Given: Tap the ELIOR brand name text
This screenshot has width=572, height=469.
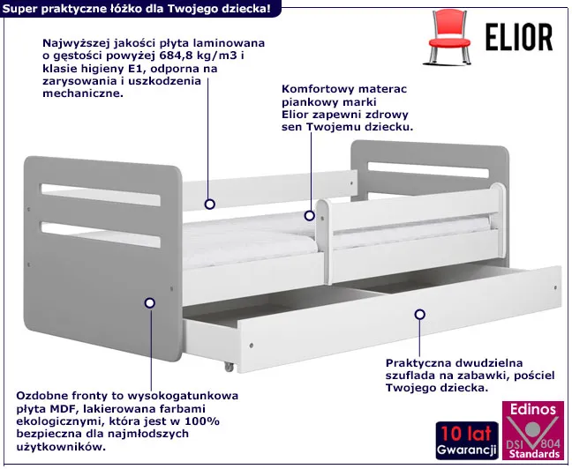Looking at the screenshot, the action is pyautogui.click(x=519, y=37).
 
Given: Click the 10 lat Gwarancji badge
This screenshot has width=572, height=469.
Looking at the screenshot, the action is pyautogui.click(x=467, y=440).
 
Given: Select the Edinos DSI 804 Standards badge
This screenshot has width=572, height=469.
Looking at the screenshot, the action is pyautogui.click(x=534, y=430).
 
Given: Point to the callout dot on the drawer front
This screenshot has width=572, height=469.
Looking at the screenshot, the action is pyautogui.click(x=420, y=314).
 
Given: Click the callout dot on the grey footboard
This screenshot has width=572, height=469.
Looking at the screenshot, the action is pyautogui.click(x=149, y=303).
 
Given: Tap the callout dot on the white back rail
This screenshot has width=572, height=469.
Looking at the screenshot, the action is pyautogui.click(x=209, y=204).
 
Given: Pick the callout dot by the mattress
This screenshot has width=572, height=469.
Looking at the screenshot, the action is pyautogui.click(x=309, y=216).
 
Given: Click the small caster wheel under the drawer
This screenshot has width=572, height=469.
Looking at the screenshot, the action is pyautogui.click(x=229, y=367).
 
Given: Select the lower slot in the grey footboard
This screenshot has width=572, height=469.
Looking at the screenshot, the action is pyautogui.click(x=101, y=234).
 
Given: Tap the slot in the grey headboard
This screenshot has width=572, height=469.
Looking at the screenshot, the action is pyautogui.click(x=428, y=170).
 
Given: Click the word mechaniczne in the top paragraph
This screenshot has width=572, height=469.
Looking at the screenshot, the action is pyautogui.click(x=83, y=93).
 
